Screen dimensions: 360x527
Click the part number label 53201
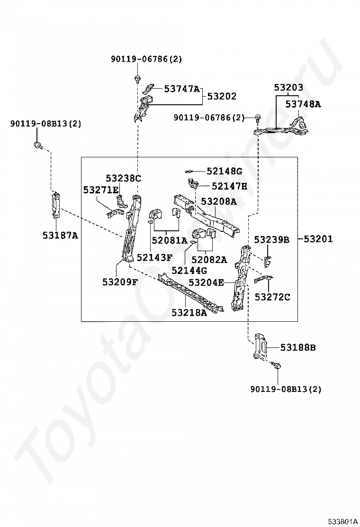[x=318, y=239]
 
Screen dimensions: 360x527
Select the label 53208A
[x=219, y=201]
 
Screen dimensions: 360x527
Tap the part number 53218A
[x=189, y=313]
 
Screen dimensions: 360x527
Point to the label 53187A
[x=60, y=235]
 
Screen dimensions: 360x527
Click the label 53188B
[x=298, y=347]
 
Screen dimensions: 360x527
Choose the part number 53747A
[x=182, y=89]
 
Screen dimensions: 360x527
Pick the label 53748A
[x=303, y=104]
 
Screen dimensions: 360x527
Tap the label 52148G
[x=225, y=171]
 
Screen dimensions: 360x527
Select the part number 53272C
[x=272, y=297]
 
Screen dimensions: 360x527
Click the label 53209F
[x=120, y=282]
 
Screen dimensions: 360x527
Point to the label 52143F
[x=154, y=257]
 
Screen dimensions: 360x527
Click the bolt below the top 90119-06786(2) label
[x=137, y=79]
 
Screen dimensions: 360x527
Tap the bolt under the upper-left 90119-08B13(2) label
[x=38, y=145]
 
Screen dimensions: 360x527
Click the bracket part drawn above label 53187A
[x=56, y=205]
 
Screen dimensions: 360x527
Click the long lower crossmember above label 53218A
[x=191, y=292]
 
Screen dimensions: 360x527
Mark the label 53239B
[x=271, y=240]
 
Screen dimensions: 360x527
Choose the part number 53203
[x=288, y=87]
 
